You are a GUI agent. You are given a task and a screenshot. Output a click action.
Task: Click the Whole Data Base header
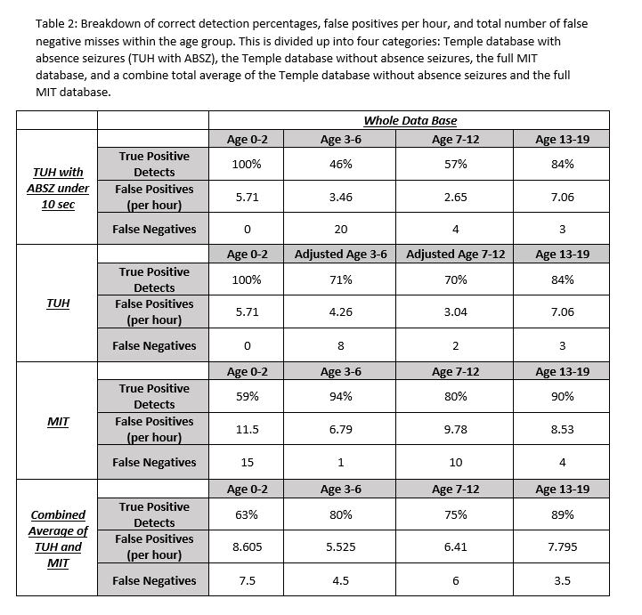(410, 120)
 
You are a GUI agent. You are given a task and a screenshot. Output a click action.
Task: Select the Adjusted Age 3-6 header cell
(341, 254)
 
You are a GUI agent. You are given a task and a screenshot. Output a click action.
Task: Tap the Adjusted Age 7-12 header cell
(455, 254)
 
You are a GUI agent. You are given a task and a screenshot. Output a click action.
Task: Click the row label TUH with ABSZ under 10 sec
(60, 187)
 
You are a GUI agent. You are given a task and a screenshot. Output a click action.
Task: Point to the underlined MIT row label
(60, 420)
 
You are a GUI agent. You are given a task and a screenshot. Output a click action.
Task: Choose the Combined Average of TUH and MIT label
(60, 538)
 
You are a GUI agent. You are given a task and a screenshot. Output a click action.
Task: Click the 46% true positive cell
(341, 164)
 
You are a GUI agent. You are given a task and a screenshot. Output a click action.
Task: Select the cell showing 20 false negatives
(341, 229)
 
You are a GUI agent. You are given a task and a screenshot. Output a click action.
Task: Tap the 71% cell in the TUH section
(341, 279)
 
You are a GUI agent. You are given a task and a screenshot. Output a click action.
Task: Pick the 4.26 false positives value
(341, 312)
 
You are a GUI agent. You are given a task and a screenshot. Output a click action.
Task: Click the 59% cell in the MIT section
(247, 396)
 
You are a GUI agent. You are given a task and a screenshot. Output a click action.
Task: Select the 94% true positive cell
(341, 396)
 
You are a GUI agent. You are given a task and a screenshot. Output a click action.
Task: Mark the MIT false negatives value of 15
(247, 462)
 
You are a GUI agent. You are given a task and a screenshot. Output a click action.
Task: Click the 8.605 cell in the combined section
(247, 547)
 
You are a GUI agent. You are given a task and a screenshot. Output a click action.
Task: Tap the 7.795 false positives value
(561, 547)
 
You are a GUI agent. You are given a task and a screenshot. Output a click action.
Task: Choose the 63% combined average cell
(247, 514)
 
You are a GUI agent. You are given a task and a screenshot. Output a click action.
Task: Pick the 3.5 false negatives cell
(561, 580)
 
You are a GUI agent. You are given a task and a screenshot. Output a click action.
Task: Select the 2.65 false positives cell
(455, 197)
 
